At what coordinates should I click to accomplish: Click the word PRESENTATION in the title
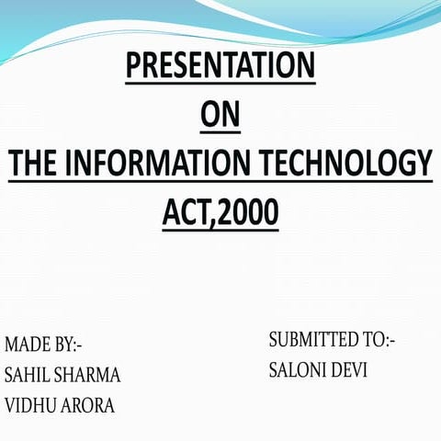pos(220,67)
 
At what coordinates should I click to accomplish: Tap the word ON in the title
pos(220,117)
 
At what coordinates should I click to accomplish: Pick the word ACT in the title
pos(189,213)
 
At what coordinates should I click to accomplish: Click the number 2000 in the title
pos(247,213)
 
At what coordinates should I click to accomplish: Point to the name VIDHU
pos(29,405)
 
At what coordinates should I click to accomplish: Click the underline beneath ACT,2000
pos(220,230)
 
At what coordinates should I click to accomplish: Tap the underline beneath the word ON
pos(220,133)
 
